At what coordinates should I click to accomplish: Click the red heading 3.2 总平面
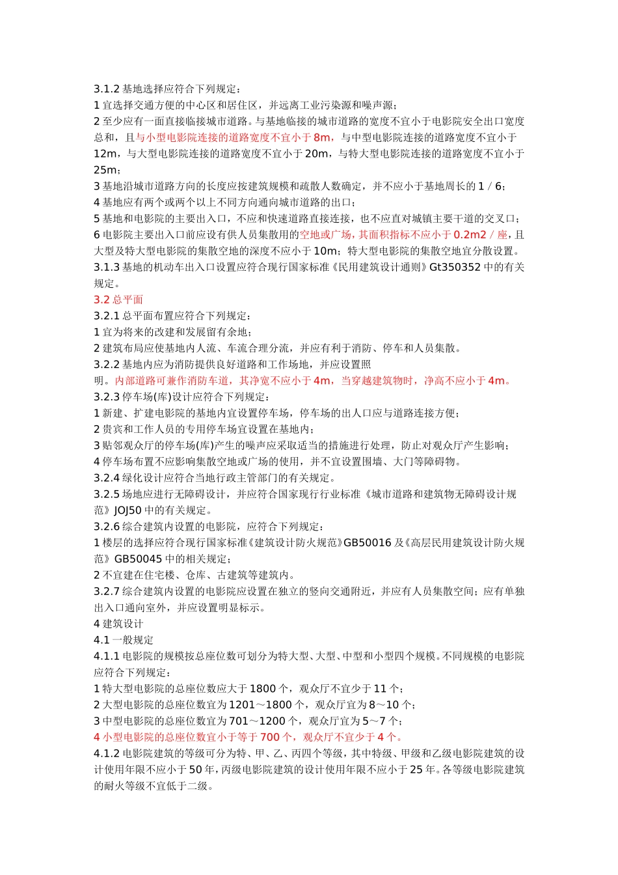click(x=118, y=299)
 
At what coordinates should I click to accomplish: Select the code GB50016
click(x=368, y=543)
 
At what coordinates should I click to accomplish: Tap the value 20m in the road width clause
click(x=317, y=154)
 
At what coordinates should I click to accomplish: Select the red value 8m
click(x=322, y=137)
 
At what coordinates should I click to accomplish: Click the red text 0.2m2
click(x=470, y=235)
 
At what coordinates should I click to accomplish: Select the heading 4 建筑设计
click(x=118, y=624)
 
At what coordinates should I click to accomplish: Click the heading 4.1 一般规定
click(x=124, y=640)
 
